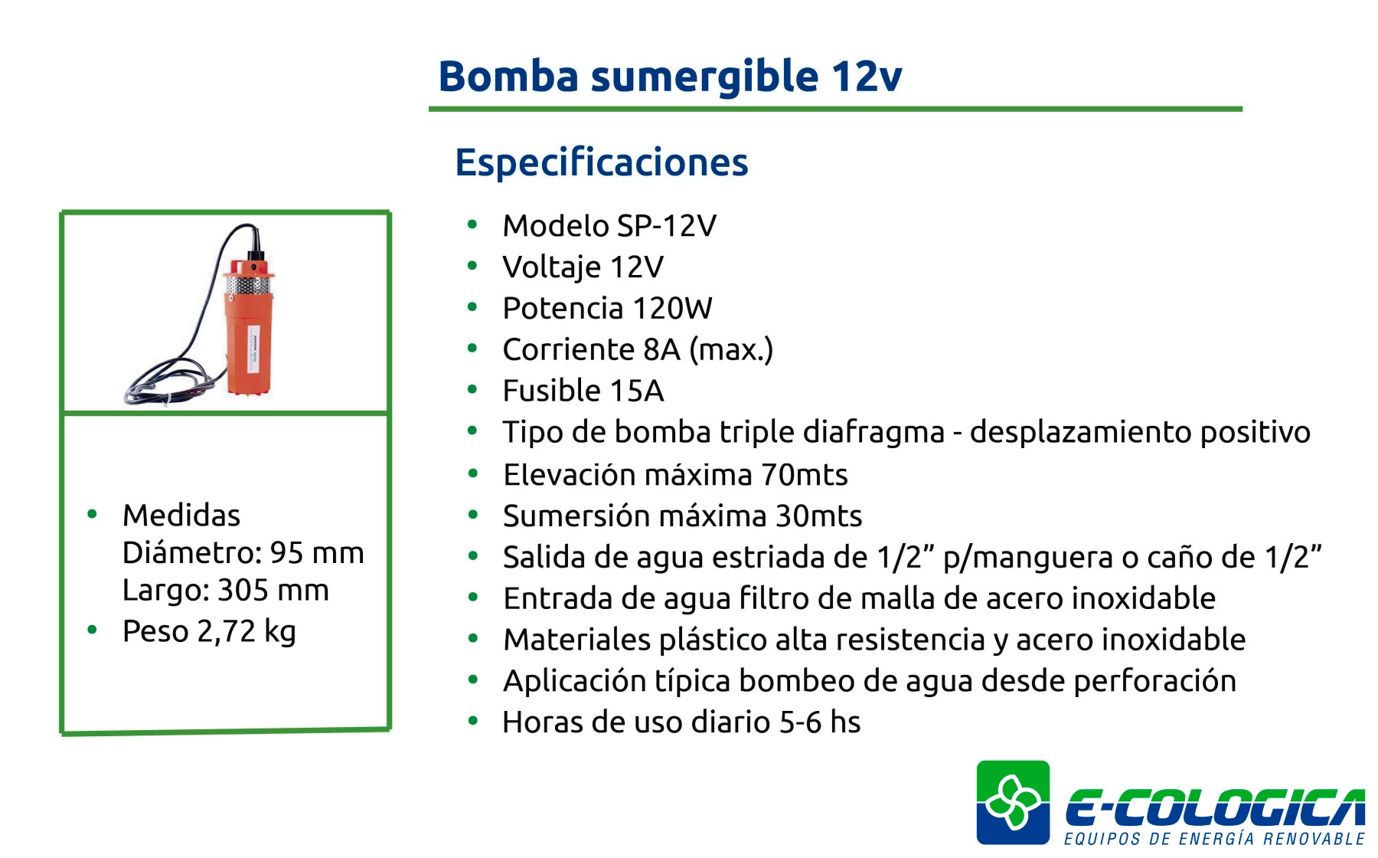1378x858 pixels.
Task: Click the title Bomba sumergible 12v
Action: pyautogui.click(x=670, y=77)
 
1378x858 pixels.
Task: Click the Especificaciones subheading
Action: pyautogui.click(x=602, y=162)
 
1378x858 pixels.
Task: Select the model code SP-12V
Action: pyautogui.click(x=667, y=226)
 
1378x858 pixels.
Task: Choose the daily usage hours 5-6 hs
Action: pyautogui.click(x=820, y=722)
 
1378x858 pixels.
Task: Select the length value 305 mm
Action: pyautogui.click(x=273, y=591)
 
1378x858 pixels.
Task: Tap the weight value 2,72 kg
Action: pyautogui.click(x=247, y=632)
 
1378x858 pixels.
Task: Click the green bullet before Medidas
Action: pyautogui.click(x=93, y=514)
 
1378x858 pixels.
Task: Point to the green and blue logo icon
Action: pyautogui.click(x=1013, y=802)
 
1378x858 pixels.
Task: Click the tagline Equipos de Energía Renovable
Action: pyautogui.click(x=1214, y=839)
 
